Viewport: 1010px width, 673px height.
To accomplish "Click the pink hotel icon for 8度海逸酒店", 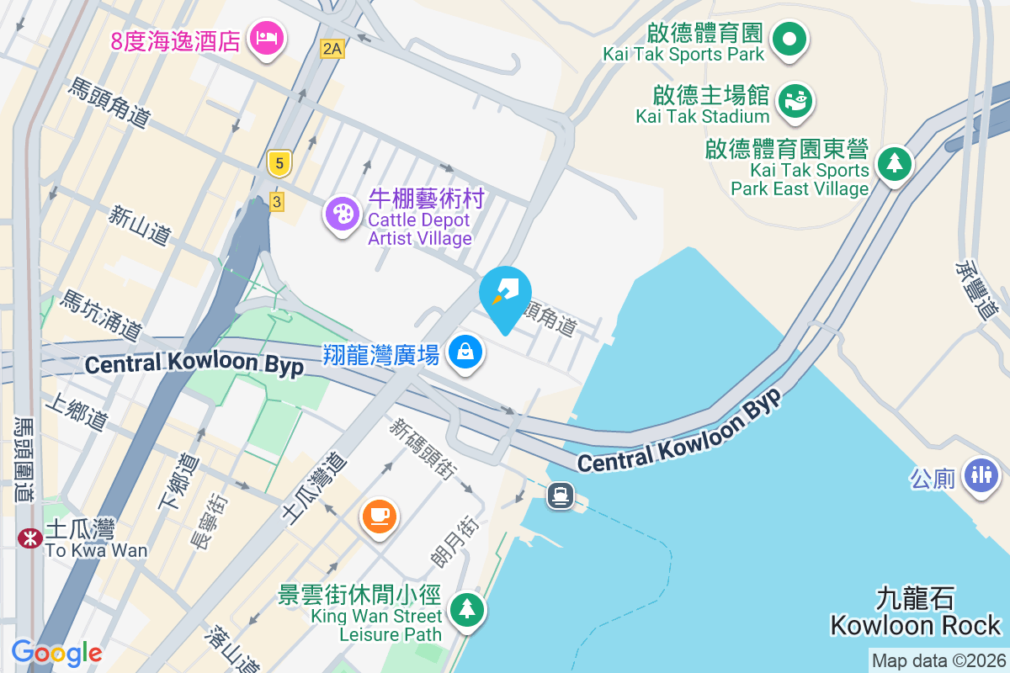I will click(266, 38).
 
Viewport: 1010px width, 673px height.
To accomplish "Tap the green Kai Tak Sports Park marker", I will click(790, 39).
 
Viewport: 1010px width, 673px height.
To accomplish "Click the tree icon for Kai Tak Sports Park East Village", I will click(894, 162).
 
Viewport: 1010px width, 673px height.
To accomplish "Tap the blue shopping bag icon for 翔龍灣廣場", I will click(465, 352).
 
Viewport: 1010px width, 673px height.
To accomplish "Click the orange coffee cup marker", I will click(379, 514).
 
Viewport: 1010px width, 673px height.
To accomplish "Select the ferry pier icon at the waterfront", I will click(561, 495).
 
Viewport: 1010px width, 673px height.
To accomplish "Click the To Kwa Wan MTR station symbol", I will click(30, 538).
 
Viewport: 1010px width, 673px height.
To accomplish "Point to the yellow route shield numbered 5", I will click(279, 162).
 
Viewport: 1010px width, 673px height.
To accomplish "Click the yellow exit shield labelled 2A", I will click(332, 49).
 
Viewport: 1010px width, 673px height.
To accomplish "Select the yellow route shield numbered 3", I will click(277, 201).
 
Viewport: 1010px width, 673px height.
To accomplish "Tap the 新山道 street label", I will click(140, 225).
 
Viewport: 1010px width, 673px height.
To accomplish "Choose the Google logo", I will click(56, 652).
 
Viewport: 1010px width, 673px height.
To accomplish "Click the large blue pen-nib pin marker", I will click(505, 294).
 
